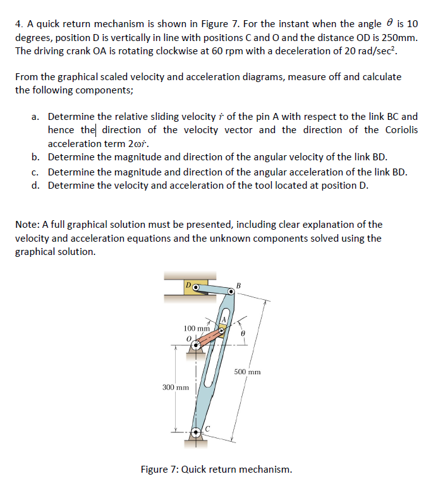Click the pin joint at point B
(231, 292)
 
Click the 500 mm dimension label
(247, 372)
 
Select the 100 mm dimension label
(196, 328)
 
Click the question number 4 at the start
(18, 23)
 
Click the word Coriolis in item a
(399, 130)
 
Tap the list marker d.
(36, 185)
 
